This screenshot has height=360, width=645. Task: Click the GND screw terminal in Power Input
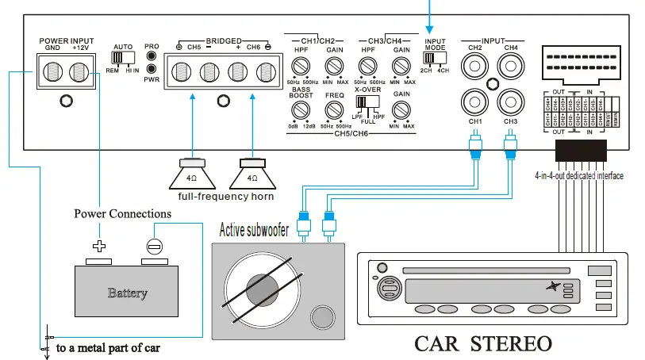click(53, 71)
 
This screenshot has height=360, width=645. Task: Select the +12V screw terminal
click(79, 71)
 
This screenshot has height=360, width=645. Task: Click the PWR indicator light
click(151, 69)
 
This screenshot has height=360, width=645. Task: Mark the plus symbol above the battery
click(99, 246)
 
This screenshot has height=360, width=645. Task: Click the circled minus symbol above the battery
click(155, 246)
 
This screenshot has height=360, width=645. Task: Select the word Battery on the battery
click(127, 293)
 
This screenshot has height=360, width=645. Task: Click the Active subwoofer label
click(265, 231)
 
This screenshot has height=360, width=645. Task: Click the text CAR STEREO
click(483, 343)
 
